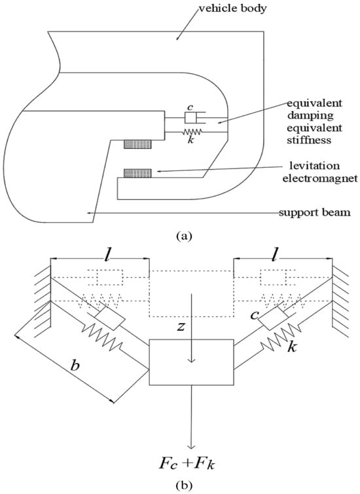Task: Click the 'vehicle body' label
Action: [232, 8]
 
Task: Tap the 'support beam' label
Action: [315, 212]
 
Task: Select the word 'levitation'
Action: [315, 165]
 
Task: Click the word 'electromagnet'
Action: [320, 179]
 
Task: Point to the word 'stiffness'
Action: [309, 140]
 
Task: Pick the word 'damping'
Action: [310, 115]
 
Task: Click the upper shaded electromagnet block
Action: [137, 144]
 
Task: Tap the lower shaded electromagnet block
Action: [137, 173]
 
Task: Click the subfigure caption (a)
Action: [184, 236]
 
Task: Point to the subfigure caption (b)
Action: [185, 485]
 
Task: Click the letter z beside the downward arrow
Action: [180, 327]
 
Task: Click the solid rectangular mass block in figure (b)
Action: [191, 362]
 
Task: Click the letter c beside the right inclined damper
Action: [254, 315]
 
